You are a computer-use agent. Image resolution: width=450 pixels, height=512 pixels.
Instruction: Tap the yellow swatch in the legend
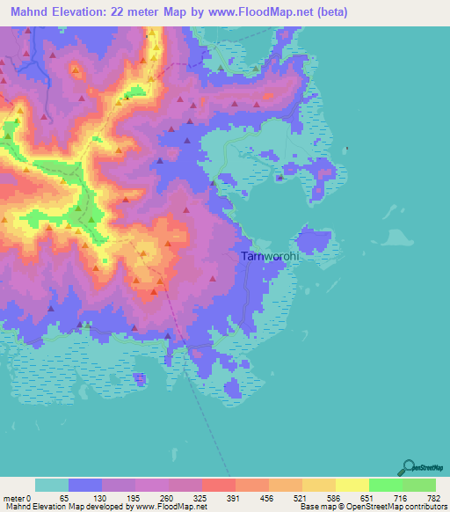352,485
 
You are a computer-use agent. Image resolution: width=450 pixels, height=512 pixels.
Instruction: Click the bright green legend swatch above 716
385,485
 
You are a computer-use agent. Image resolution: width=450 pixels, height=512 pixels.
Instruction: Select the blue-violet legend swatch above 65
85,485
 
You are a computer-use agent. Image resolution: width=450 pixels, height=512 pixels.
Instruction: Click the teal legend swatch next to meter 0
52,485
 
